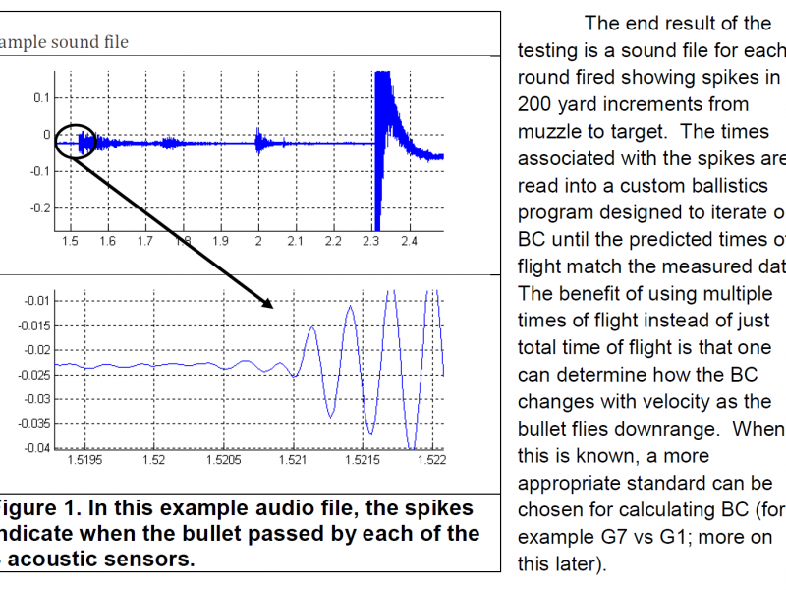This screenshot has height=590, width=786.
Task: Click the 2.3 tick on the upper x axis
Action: point(370,240)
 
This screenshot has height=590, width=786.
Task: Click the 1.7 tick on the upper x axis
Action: point(144,240)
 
